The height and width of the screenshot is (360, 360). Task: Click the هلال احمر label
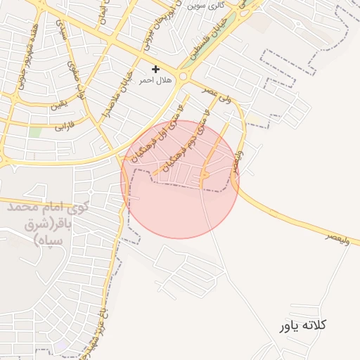click(x=155, y=81)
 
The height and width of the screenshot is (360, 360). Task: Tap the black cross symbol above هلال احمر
click(x=155, y=69)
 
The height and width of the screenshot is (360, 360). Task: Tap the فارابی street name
click(x=63, y=126)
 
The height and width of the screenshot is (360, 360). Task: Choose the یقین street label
click(x=58, y=107)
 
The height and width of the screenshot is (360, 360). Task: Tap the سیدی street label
click(x=60, y=29)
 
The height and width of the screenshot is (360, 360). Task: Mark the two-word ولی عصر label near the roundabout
click(x=216, y=95)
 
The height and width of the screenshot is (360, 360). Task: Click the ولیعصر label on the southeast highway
click(x=337, y=238)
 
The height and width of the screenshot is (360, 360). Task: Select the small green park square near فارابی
click(x=35, y=132)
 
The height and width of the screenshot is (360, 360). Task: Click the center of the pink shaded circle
click(x=180, y=179)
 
